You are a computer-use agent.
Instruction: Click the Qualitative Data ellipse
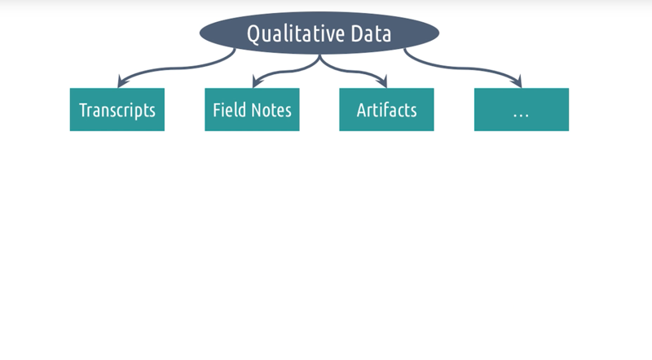point(319,33)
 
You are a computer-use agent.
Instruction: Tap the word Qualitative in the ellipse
point(296,34)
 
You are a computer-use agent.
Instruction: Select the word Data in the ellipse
point(371,33)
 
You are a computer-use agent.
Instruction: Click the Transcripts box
point(117,110)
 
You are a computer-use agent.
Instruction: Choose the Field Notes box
point(252,110)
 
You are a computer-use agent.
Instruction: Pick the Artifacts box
point(386,110)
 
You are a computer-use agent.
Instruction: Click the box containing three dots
point(522,110)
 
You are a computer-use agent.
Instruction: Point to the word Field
point(228,110)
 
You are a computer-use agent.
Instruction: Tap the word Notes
point(271,111)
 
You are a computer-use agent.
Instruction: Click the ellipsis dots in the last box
point(521,116)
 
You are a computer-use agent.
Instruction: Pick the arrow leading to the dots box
point(461,68)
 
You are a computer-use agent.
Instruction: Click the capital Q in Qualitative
point(253,34)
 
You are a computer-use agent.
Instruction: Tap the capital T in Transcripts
point(84,110)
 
